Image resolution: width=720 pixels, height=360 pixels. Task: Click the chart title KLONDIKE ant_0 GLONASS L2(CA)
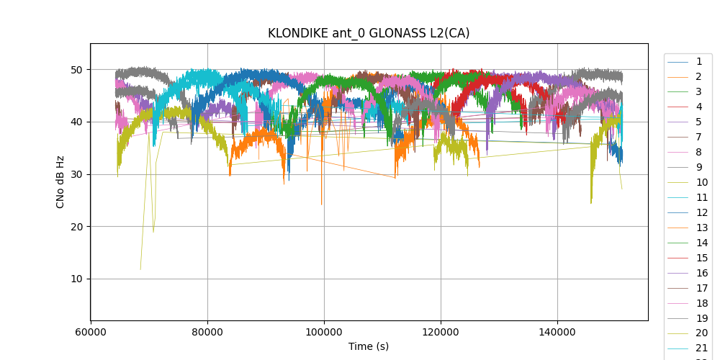(x=369, y=33)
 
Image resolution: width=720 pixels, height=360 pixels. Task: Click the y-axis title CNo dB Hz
(x=60, y=181)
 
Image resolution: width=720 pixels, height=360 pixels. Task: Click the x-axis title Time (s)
(x=369, y=346)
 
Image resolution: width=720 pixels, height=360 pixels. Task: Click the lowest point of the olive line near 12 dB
(x=140, y=269)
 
